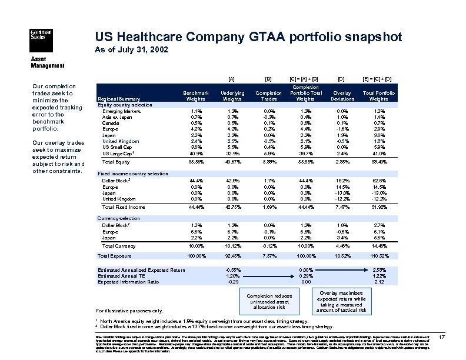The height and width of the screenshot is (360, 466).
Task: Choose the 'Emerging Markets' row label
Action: [122, 111]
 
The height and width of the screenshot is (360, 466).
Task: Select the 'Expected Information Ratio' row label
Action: [128, 282]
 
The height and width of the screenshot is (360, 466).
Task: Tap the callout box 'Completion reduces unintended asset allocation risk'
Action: [268, 301]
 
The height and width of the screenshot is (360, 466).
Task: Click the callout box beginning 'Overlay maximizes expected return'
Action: [341, 301]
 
